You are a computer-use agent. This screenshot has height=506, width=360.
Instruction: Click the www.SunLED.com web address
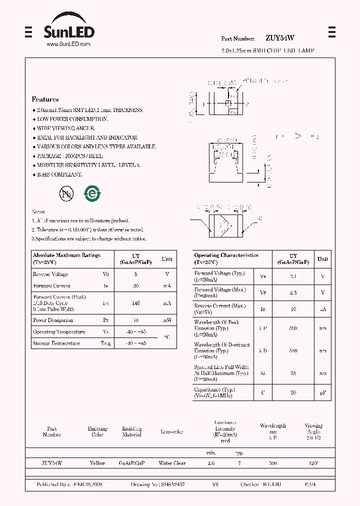pos(68,44)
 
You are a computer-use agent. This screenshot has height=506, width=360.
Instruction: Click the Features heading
pos(45,99)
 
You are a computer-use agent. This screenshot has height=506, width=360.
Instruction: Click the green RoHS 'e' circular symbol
pos(92,194)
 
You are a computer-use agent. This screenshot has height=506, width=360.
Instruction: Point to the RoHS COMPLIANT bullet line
pos(59,174)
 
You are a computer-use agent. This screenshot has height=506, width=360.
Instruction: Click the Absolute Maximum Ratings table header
pos(66,258)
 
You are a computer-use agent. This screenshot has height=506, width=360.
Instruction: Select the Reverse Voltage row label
pos(50,274)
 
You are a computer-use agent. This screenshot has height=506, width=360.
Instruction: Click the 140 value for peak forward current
pos(136,303)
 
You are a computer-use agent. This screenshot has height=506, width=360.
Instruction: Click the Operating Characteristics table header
pos(226,258)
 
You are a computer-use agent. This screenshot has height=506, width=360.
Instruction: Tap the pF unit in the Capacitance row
pos(323,393)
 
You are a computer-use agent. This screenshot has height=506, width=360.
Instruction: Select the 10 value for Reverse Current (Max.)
pos(293,309)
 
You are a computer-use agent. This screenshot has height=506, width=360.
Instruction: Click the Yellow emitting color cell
pos(97,463)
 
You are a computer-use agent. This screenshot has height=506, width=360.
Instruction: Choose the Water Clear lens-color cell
pos(172,463)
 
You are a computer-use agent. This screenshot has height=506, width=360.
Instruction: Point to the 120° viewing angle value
pos(313,463)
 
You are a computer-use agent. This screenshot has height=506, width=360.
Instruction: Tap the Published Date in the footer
pos(69,484)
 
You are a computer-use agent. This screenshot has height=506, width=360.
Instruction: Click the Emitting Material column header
pos(132,431)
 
